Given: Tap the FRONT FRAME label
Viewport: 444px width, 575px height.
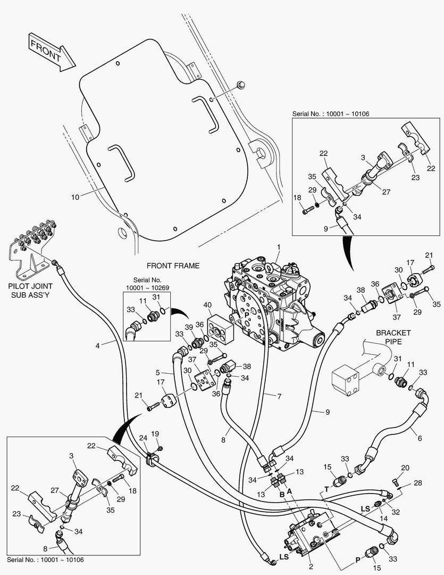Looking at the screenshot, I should [x=173, y=266].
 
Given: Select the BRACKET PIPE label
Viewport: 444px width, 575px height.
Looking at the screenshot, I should [x=393, y=337].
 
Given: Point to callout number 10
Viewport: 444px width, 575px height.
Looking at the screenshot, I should [x=75, y=197].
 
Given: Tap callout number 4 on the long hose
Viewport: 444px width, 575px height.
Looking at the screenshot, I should [x=98, y=346].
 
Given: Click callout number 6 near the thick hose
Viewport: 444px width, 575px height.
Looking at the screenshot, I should [x=420, y=438].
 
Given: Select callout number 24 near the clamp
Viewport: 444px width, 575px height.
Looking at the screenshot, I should [x=143, y=438].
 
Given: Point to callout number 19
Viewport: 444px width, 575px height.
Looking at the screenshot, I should [x=155, y=434].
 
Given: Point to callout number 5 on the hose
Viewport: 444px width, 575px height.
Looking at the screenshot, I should [x=157, y=372].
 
